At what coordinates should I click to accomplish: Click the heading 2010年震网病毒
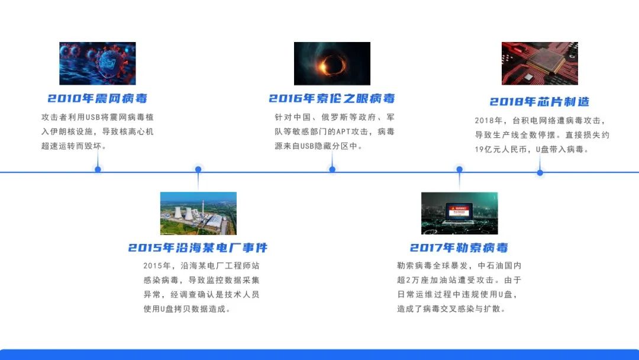[x=98, y=98]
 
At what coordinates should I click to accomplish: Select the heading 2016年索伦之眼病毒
[x=332, y=98]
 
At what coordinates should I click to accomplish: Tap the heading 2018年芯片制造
[x=540, y=102]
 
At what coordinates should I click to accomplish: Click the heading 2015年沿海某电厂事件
[x=198, y=247]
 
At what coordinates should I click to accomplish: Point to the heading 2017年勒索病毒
[x=459, y=247]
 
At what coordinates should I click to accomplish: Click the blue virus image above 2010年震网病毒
[x=98, y=63]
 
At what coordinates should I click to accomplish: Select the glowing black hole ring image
[x=332, y=63]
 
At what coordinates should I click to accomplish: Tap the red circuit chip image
[x=540, y=63]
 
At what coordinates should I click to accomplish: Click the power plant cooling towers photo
[x=198, y=213]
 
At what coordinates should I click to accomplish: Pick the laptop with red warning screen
[x=459, y=213]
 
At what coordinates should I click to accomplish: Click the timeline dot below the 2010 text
[x=98, y=169]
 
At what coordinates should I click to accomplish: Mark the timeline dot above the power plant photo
[x=198, y=169]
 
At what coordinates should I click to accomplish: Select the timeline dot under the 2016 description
[x=332, y=169]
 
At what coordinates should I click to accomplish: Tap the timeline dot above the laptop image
[x=459, y=169]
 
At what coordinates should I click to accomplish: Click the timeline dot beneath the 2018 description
[x=540, y=172]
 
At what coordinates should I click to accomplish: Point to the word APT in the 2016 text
[x=344, y=131]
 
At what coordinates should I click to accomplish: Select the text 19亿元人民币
[x=503, y=150]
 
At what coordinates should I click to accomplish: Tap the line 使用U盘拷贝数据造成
[x=186, y=309]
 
